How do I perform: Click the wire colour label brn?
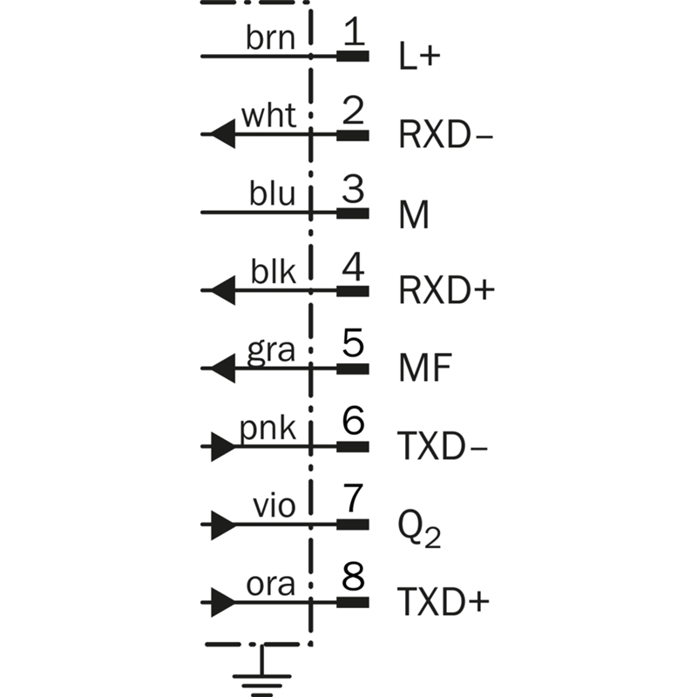[x=271, y=38]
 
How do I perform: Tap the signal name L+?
[x=419, y=58]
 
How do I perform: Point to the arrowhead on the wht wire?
[x=223, y=135]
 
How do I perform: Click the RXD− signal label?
[x=443, y=136]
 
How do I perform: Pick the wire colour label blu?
[x=272, y=194]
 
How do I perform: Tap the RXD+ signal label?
[x=446, y=290]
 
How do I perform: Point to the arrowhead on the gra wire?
[x=223, y=369]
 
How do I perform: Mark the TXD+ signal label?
[x=443, y=602]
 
